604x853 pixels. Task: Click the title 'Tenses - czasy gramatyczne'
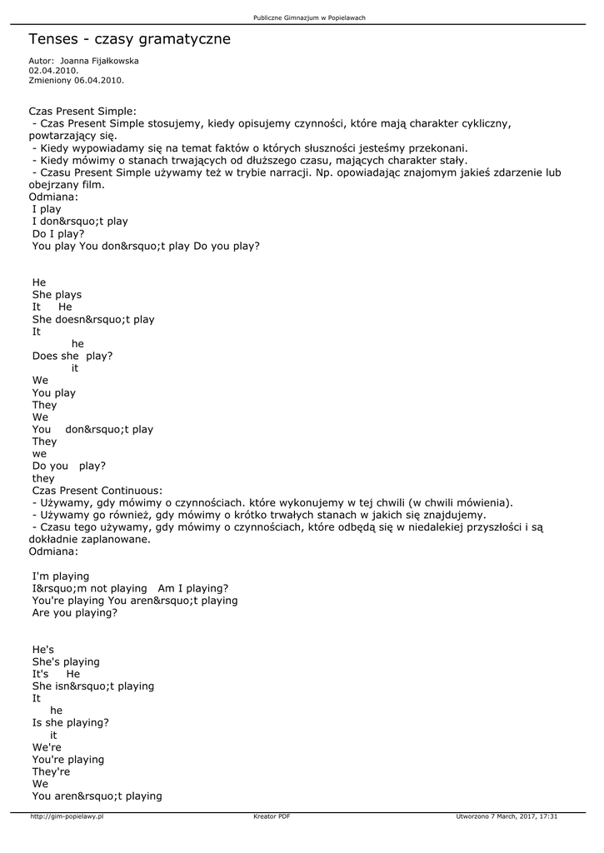tap(129, 39)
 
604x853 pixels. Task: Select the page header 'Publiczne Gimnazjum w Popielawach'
tap(309, 17)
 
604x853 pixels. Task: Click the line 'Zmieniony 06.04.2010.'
tap(76, 81)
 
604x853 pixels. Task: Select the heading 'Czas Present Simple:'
tap(82, 111)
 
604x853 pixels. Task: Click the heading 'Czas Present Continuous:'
tap(96, 491)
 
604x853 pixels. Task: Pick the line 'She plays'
tap(57, 295)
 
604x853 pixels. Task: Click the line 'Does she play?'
tap(72, 356)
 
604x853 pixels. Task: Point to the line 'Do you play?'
tap(69, 466)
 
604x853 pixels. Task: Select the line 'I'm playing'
tap(61, 576)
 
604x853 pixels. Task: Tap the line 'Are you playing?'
tap(75, 613)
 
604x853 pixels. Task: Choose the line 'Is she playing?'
tap(71, 723)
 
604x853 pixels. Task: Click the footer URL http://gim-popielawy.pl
tap(67, 817)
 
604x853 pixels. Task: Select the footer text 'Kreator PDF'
tap(272, 817)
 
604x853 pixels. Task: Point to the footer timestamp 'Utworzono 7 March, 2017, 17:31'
tap(507, 817)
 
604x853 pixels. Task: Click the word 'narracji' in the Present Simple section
tap(269, 172)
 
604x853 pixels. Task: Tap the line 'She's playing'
tap(66, 662)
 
